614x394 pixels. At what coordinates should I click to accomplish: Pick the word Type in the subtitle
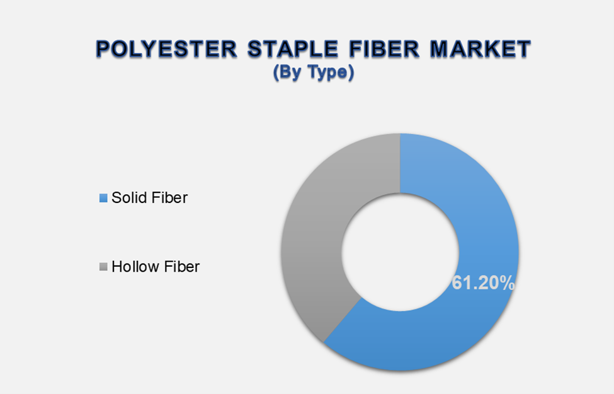click(x=331, y=73)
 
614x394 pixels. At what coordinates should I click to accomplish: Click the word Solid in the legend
click(x=130, y=197)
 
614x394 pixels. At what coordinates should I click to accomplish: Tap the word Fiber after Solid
click(x=169, y=197)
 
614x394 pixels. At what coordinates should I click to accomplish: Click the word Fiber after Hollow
click(x=181, y=267)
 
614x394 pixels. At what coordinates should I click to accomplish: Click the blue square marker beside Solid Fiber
click(x=103, y=199)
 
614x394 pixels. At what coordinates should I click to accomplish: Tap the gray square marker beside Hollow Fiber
click(x=103, y=267)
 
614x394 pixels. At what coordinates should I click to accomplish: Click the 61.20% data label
click(x=483, y=283)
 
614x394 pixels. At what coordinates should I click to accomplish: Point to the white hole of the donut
click(x=400, y=252)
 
